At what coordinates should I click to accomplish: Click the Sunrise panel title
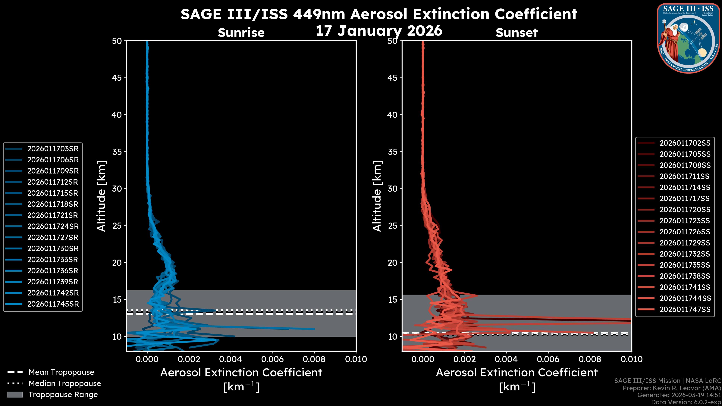pyautogui.click(x=241, y=33)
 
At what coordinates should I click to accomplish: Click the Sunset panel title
pyautogui.click(x=516, y=33)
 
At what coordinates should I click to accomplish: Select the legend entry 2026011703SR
pyautogui.click(x=53, y=149)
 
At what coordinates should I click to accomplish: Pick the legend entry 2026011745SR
pyautogui.click(x=53, y=304)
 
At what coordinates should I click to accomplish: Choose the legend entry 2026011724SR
pyautogui.click(x=53, y=226)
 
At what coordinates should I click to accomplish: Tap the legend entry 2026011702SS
pyautogui.click(x=685, y=143)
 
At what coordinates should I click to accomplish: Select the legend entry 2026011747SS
pyautogui.click(x=685, y=309)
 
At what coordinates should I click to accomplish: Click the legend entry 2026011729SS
pyautogui.click(x=685, y=243)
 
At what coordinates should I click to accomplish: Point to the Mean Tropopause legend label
pyautogui.click(x=61, y=372)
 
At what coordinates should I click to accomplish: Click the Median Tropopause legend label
pyautogui.click(x=64, y=384)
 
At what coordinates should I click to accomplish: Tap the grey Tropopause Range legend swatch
pyautogui.click(x=15, y=395)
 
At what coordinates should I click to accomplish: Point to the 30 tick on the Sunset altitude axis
pyautogui.click(x=392, y=189)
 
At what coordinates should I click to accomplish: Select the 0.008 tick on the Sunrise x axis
pyautogui.click(x=314, y=359)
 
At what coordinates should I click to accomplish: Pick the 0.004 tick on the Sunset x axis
pyautogui.click(x=506, y=359)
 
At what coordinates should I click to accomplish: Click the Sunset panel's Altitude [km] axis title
pyautogui.click(x=377, y=196)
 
